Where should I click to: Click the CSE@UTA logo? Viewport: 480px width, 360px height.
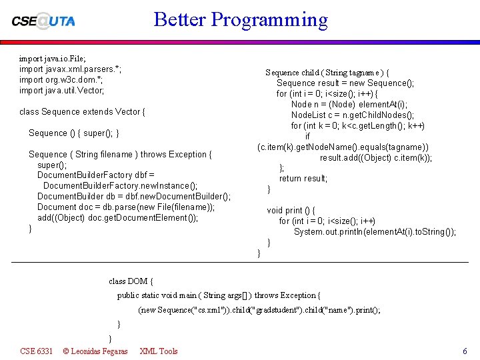click(43, 21)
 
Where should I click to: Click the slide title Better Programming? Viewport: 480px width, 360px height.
click(241, 19)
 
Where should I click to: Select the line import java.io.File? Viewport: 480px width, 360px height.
click(53, 59)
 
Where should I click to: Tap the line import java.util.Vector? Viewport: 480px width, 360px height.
click(62, 90)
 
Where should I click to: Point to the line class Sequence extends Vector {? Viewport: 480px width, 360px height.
click(83, 112)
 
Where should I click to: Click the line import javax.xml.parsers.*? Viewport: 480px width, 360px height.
click(70, 69)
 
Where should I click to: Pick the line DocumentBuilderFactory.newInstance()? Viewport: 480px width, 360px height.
click(120, 186)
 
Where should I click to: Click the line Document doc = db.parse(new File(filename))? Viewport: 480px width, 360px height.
click(126, 207)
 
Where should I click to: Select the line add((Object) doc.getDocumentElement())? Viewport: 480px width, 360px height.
click(118, 218)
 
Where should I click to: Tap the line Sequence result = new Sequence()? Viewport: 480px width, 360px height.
click(345, 83)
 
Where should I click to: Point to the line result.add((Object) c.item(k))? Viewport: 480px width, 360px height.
click(376, 158)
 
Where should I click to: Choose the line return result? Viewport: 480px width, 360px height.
click(303, 179)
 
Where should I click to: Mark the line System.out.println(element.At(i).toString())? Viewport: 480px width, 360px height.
click(375, 232)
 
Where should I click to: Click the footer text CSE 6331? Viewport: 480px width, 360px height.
click(37, 351)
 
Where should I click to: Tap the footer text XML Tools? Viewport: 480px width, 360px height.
click(159, 351)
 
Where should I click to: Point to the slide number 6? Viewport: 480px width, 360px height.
click(465, 351)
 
